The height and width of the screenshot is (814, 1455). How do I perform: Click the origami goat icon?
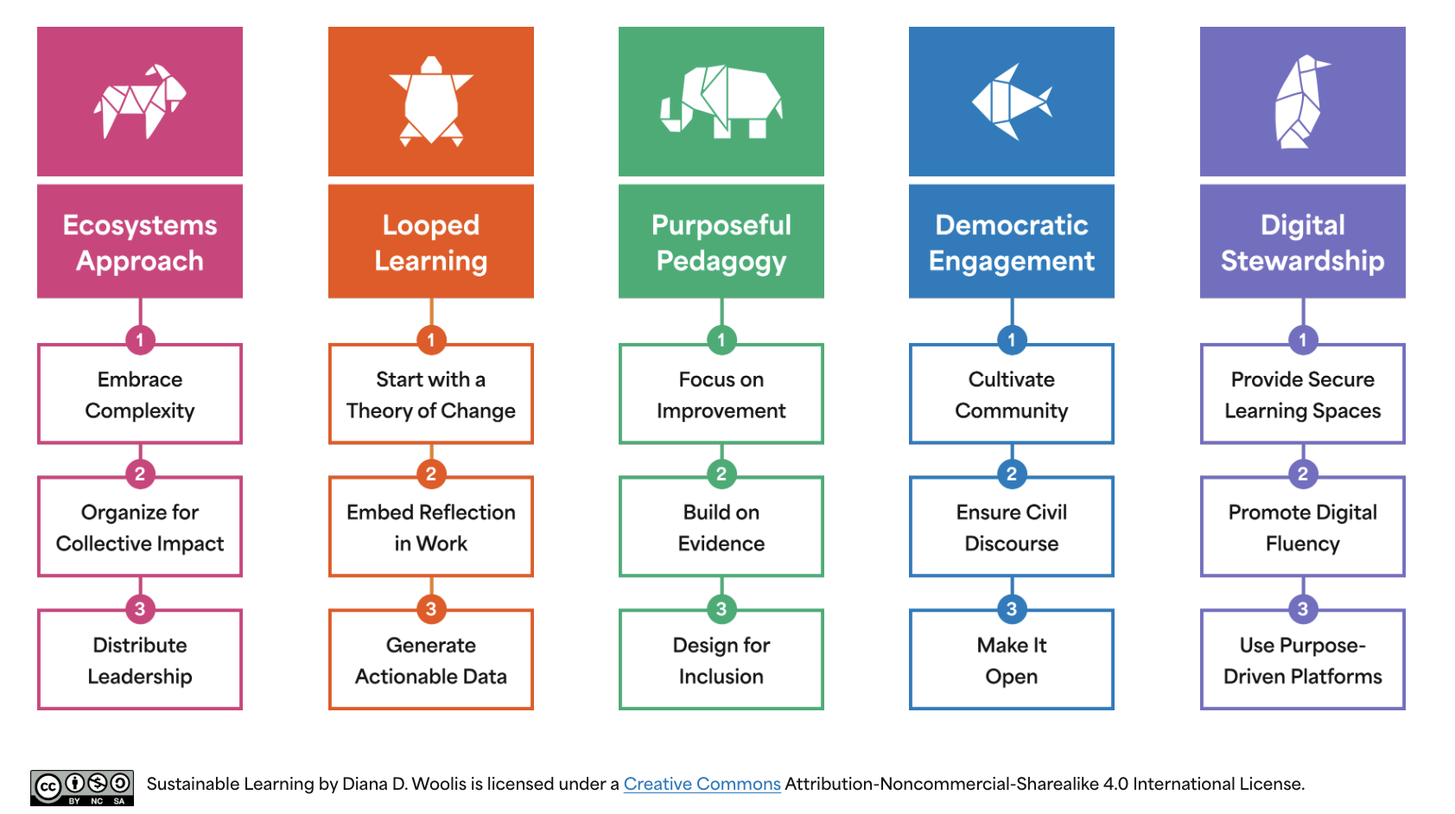[x=140, y=101]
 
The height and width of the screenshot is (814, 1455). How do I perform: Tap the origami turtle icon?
[x=431, y=101]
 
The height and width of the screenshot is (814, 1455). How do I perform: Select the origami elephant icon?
[x=721, y=101]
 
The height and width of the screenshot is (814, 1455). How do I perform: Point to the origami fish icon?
[x=1012, y=102]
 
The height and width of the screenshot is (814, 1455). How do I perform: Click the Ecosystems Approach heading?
[x=140, y=242]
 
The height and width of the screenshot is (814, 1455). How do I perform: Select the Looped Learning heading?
[x=431, y=242]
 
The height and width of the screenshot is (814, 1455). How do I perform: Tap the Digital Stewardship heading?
[x=1302, y=242]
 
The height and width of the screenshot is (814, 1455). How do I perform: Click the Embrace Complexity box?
[x=140, y=395]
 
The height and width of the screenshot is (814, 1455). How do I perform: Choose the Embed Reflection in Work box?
[x=431, y=528]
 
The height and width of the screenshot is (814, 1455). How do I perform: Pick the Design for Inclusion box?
[x=721, y=661]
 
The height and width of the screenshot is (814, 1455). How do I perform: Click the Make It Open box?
[x=1012, y=661]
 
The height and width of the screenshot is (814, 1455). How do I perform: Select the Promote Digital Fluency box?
[x=1302, y=528]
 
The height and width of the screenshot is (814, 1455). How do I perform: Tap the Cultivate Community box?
[x=1012, y=395]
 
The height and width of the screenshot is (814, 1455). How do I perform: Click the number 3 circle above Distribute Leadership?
[x=140, y=608]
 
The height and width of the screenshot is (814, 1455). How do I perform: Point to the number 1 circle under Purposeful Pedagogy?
[x=721, y=340]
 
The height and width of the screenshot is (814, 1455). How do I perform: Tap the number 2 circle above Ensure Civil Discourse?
[x=1012, y=474]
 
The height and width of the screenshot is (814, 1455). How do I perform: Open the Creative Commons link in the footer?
[x=702, y=784]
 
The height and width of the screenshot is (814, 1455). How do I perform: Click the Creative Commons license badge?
[x=82, y=787]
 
